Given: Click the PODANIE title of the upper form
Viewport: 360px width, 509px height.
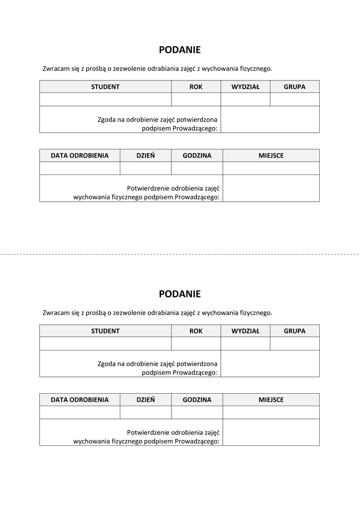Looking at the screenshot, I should [180, 50].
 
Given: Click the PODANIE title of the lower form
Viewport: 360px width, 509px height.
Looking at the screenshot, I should [180, 294].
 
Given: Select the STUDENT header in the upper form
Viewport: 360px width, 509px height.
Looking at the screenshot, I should [105, 86].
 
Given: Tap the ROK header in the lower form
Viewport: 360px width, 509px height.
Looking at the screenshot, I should [196, 331].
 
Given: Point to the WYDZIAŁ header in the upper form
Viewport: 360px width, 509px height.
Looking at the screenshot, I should [245, 86].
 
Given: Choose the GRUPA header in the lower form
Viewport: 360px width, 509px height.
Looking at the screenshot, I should [294, 331].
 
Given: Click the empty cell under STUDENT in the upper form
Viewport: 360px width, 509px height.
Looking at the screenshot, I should [105, 99].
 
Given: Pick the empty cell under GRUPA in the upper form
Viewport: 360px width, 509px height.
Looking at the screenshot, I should [294, 99].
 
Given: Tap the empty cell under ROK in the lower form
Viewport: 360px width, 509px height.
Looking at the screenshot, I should [196, 343].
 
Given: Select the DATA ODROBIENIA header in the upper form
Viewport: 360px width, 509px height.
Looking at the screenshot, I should [80, 156].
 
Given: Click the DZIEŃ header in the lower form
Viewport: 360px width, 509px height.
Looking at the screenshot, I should [146, 400].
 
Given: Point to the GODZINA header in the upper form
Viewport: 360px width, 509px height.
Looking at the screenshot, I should [197, 156].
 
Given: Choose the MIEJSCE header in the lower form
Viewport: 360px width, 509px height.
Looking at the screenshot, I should [271, 400].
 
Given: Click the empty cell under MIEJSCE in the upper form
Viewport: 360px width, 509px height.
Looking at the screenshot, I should [271, 169].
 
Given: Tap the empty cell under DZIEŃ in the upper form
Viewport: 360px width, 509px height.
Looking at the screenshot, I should [146, 169].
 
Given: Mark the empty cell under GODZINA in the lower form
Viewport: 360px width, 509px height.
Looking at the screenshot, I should [197, 413].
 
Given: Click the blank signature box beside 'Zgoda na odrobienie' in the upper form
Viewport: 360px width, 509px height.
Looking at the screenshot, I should [270, 119].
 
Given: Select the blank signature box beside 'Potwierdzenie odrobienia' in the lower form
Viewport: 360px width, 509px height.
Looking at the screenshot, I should [271, 432].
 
